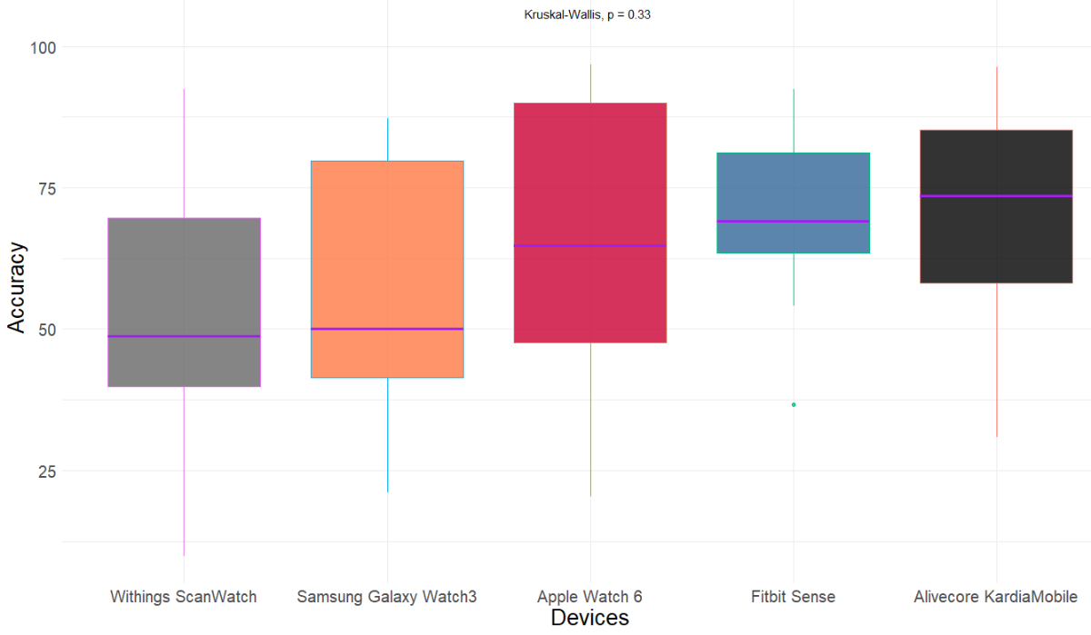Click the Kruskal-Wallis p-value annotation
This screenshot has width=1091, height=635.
pyautogui.click(x=586, y=15)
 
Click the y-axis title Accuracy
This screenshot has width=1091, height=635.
pyautogui.click(x=16, y=286)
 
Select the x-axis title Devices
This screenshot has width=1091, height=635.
pyautogui.click(x=589, y=619)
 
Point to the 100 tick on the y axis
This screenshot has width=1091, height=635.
pyautogui.click(x=44, y=47)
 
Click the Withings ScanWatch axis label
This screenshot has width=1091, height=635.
pyautogui.click(x=184, y=597)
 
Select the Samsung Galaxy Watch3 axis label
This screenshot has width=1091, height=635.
pyautogui.click(x=386, y=597)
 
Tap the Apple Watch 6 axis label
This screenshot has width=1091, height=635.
pyautogui.click(x=589, y=597)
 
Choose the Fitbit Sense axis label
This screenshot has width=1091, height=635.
pyautogui.click(x=793, y=597)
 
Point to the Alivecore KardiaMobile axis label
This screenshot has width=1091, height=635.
pyautogui.click(x=996, y=597)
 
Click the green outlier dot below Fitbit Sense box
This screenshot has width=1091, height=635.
pyautogui.click(x=794, y=404)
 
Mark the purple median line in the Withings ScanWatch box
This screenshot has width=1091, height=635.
pyautogui.click(x=184, y=336)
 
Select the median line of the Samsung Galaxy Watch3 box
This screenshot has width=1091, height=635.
pyautogui.click(x=386, y=329)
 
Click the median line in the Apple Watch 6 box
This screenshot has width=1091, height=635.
pyautogui.click(x=589, y=245)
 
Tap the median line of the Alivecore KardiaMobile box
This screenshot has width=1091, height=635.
pyautogui.click(x=996, y=196)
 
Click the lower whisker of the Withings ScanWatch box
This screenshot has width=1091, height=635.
pyautogui.click(x=184, y=472)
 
